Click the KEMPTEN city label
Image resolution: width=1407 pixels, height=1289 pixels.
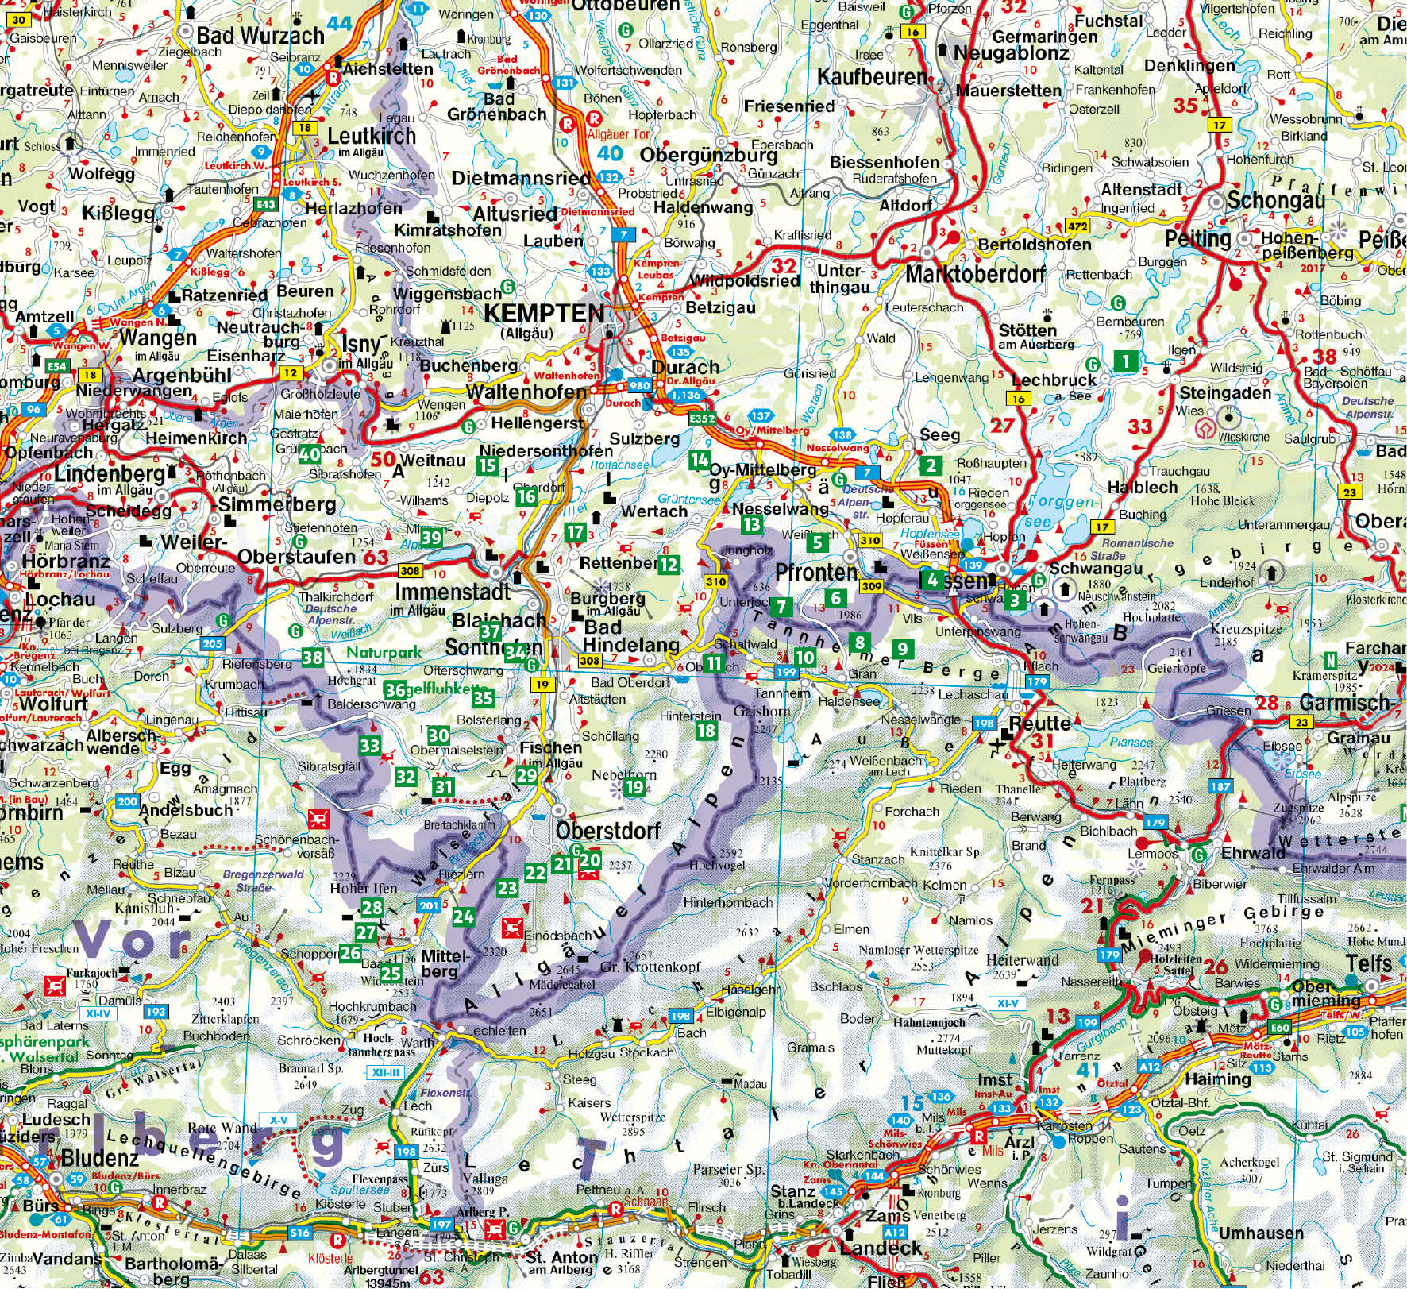pyautogui.click(x=544, y=312)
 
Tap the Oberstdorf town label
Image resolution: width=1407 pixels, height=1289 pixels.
pyautogui.click(x=608, y=831)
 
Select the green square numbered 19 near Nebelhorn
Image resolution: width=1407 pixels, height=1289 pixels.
pyautogui.click(x=634, y=787)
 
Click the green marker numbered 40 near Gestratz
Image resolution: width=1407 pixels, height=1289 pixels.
pyautogui.click(x=309, y=454)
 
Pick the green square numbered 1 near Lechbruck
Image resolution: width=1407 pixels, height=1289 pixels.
pyautogui.click(x=1125, y=362)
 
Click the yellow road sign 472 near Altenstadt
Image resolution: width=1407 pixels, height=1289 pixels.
pyautogui.click(x=1077, y=226)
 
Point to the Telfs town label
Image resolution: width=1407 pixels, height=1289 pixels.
pyautogui.click(x=1369, y=963)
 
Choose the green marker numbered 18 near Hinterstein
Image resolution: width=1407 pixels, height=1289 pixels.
pyautogui.click(x=705, y=731)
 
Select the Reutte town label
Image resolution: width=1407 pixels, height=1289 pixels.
pyautogui.click(x=1039, y=723)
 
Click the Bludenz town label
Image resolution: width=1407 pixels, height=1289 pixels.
pyautogui.click(x=77, y=1158)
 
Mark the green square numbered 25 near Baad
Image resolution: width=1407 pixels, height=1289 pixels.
pyautogui.click(x=390, y=974)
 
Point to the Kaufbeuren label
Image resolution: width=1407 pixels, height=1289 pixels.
pyautogui.click(x=872, y=77)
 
